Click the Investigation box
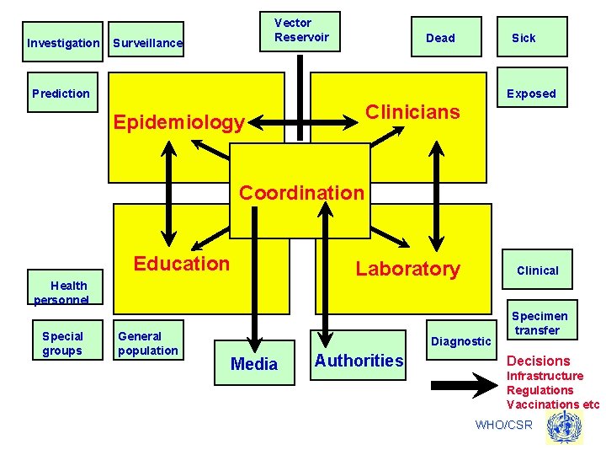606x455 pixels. tap(63, 42)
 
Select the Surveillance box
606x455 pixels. tap(147, 42)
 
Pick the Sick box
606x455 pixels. tap(524, 37)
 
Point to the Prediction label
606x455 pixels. tap(61, 94)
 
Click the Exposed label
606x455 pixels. tap(531, 94)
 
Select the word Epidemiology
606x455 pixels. tap(178, 123)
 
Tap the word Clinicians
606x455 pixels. tap(412, 112)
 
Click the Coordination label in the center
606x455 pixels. tap(301, 192)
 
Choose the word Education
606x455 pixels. tap(181, 264)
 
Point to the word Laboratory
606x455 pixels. tap(407, 269)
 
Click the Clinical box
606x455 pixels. tap(537, 270)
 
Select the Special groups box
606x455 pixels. tap(63, 343)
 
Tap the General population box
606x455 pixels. tap(147, 343)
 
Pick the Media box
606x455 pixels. tap(253, 363)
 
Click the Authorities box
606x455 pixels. tap(359, 361)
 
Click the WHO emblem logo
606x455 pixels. tap(564, 427)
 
